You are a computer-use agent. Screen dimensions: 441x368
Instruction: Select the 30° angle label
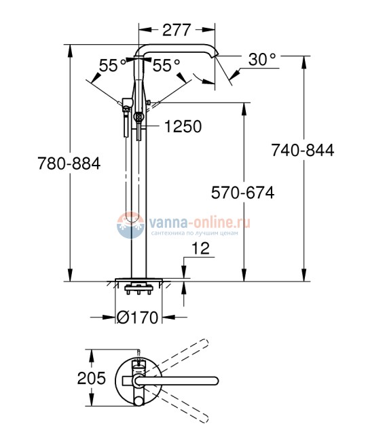click(262, 60)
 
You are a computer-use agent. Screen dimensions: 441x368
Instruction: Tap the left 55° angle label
click(113, 66)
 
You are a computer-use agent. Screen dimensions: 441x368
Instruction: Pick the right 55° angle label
click(166, 66)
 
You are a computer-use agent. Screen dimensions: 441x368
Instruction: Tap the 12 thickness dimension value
click(200, 250)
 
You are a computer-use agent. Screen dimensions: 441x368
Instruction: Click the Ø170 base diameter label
click(139, 317)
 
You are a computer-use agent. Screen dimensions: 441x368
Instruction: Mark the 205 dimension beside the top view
click(92, 378)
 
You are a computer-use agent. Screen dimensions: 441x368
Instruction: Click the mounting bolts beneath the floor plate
click(139, 292)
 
